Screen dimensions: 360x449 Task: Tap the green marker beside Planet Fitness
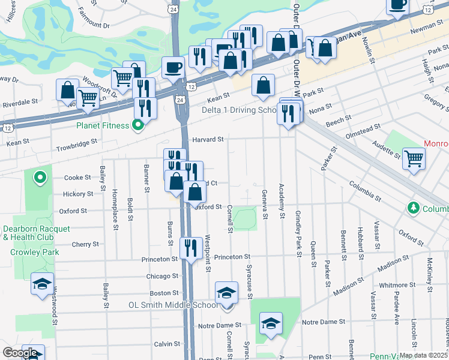138,125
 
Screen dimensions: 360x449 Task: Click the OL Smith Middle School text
173,305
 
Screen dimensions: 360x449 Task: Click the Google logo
20,353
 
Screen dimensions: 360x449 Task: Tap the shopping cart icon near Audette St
414,160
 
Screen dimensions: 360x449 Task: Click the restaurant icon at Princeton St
191,247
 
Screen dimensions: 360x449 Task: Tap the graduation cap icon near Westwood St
42,284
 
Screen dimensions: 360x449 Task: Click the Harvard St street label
208,139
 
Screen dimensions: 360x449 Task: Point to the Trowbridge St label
77,143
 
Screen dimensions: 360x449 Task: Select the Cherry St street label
85,244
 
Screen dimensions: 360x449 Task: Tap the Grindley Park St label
298,233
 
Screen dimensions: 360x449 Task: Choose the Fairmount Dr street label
94,25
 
